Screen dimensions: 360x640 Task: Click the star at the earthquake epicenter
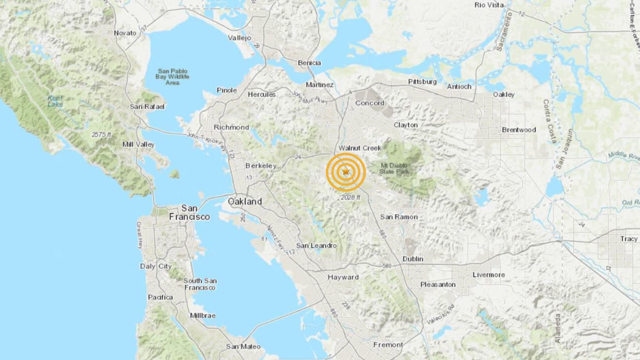346,172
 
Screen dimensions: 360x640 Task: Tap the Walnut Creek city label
360,148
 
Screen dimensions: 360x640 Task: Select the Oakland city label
245,202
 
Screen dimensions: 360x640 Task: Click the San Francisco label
189,212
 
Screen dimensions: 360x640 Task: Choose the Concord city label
370,103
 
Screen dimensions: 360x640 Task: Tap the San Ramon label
398,217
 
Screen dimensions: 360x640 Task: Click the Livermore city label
488,275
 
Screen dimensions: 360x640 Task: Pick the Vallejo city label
239,38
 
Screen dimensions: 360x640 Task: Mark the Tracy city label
629,239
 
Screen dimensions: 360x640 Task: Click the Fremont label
388,345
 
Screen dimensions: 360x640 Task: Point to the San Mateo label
243,347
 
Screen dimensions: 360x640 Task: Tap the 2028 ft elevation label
350,198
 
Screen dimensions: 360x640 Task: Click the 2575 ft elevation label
102,135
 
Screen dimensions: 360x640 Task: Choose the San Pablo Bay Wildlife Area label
173,76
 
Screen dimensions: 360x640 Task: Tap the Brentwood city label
519,130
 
